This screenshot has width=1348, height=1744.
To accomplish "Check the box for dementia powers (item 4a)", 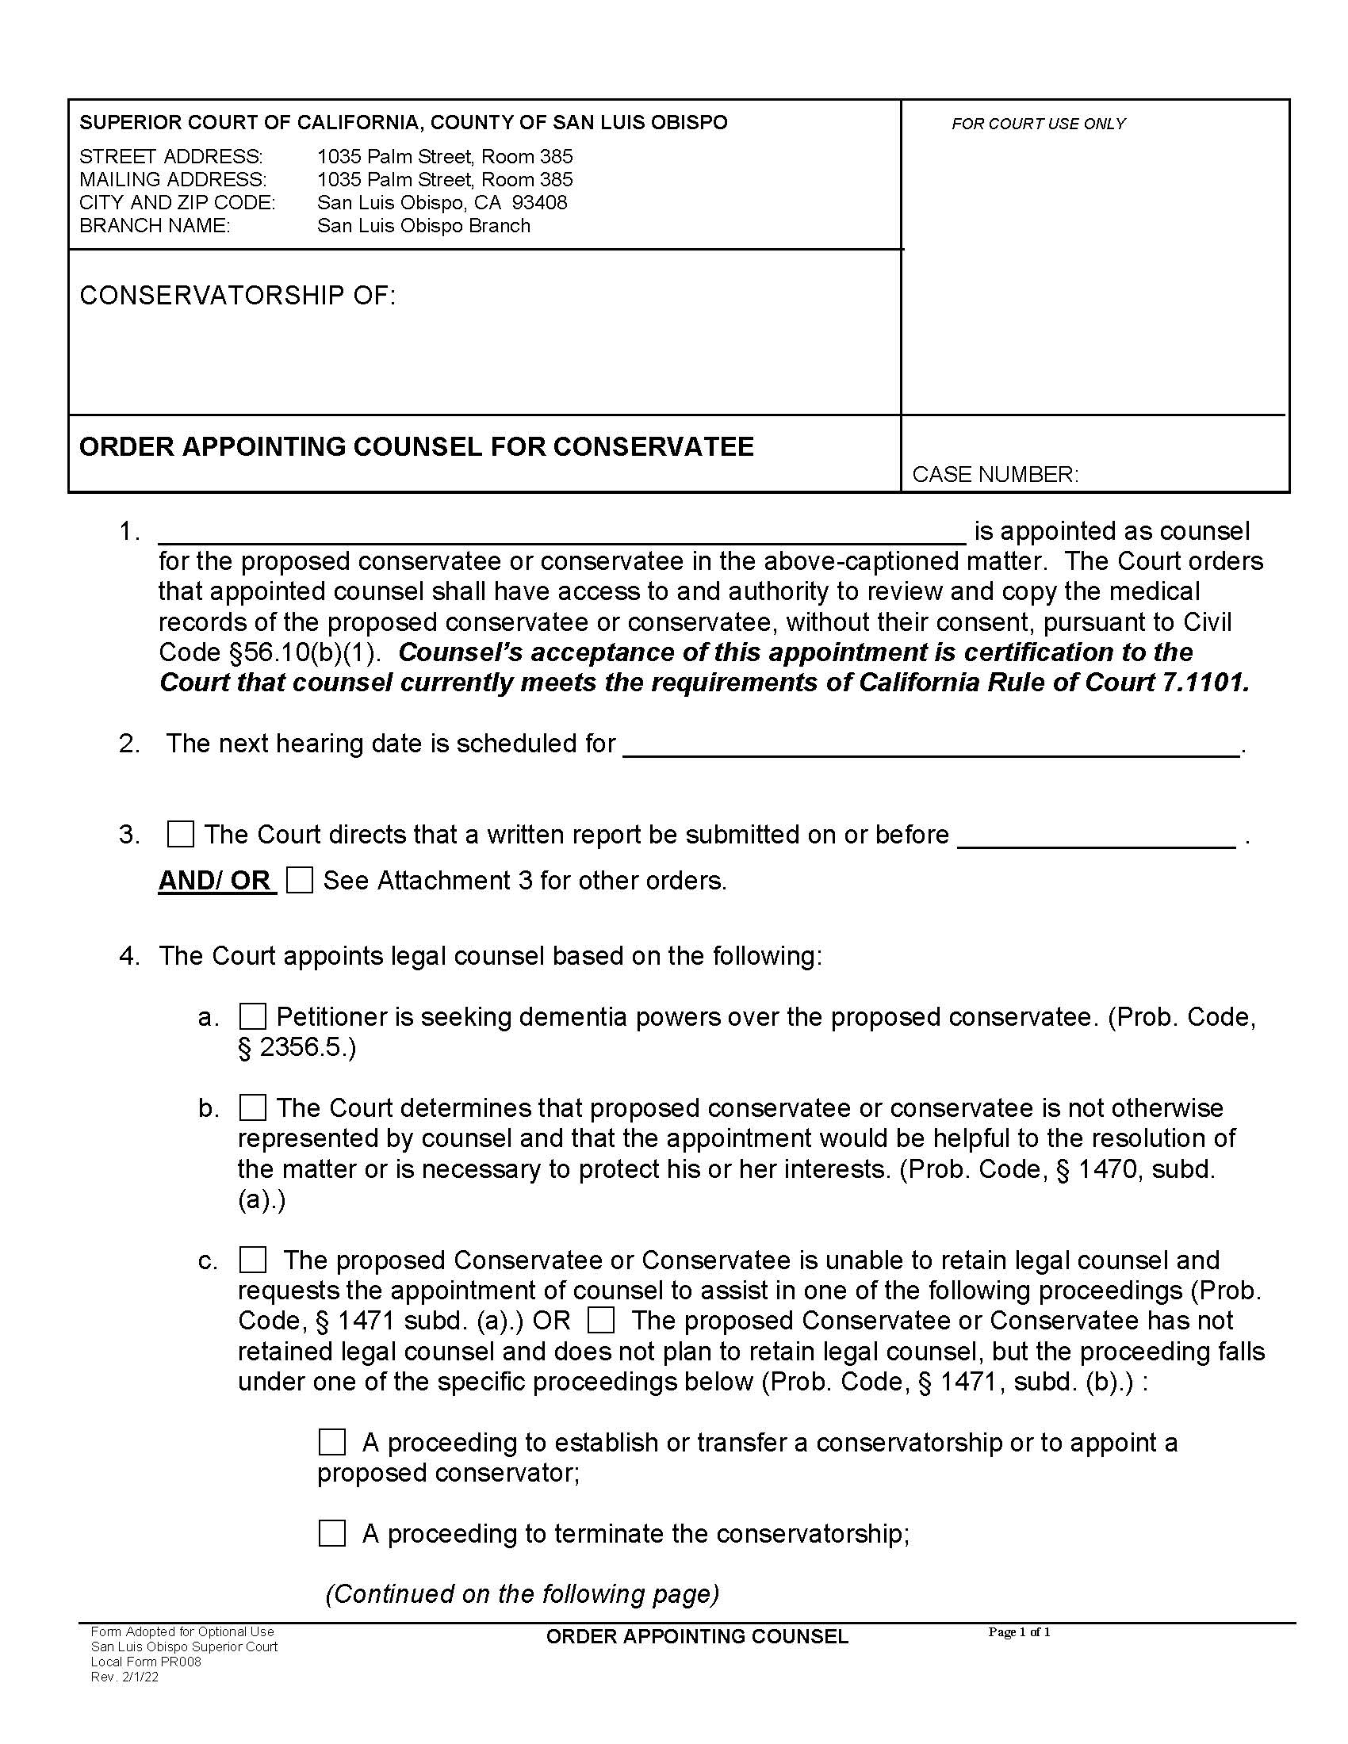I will tap(252, 1016).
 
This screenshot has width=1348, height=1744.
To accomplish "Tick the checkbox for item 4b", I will tap(252, 1107).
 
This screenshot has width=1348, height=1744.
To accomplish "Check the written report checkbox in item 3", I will tap(181, 835).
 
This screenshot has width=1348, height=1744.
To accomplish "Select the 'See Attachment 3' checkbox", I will tap(300, 880).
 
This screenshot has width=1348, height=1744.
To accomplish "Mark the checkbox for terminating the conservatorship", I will tap(332, 1533).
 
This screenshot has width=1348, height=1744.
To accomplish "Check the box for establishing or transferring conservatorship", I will tap(332, 1442).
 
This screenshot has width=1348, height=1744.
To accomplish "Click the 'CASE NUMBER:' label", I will tap(995, 474).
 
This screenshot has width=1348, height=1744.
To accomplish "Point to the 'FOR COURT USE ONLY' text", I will tap(1038, 124).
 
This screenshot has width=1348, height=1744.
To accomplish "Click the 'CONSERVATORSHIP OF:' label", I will tap(237, 296).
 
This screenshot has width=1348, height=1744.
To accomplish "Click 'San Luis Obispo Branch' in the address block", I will tap(423, 226).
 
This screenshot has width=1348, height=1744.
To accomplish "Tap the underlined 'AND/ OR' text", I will tap(216, 881).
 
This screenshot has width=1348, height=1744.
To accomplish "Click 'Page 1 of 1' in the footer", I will tap(1019, 1632).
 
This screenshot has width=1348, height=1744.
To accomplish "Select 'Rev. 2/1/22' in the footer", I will tap(124, 1677).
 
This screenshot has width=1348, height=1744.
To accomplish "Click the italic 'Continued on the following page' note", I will tap(523, 1594).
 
